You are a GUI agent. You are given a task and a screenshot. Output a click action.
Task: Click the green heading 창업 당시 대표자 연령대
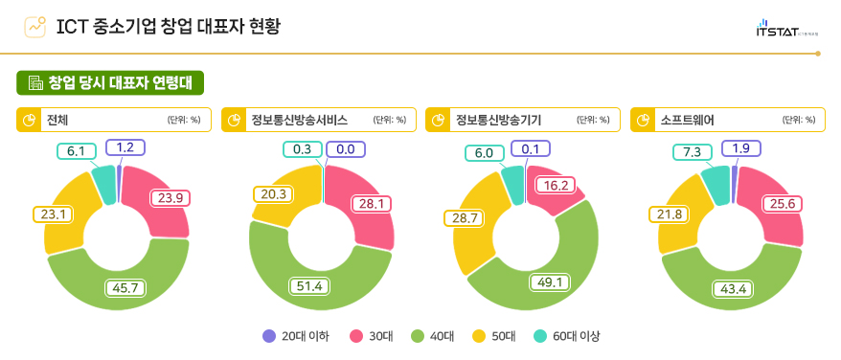pyautogui.click(x=111, y=82)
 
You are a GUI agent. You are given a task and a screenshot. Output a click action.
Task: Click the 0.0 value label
pyautogui.click(x=346, y=149)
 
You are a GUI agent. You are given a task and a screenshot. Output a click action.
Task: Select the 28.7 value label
pyautogui.click(x=464, y=218)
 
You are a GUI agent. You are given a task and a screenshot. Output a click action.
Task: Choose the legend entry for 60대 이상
pyautogui.click(x=565, y=336)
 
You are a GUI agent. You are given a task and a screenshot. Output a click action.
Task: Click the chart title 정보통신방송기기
pyautogui.click(x=498, y=120)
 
